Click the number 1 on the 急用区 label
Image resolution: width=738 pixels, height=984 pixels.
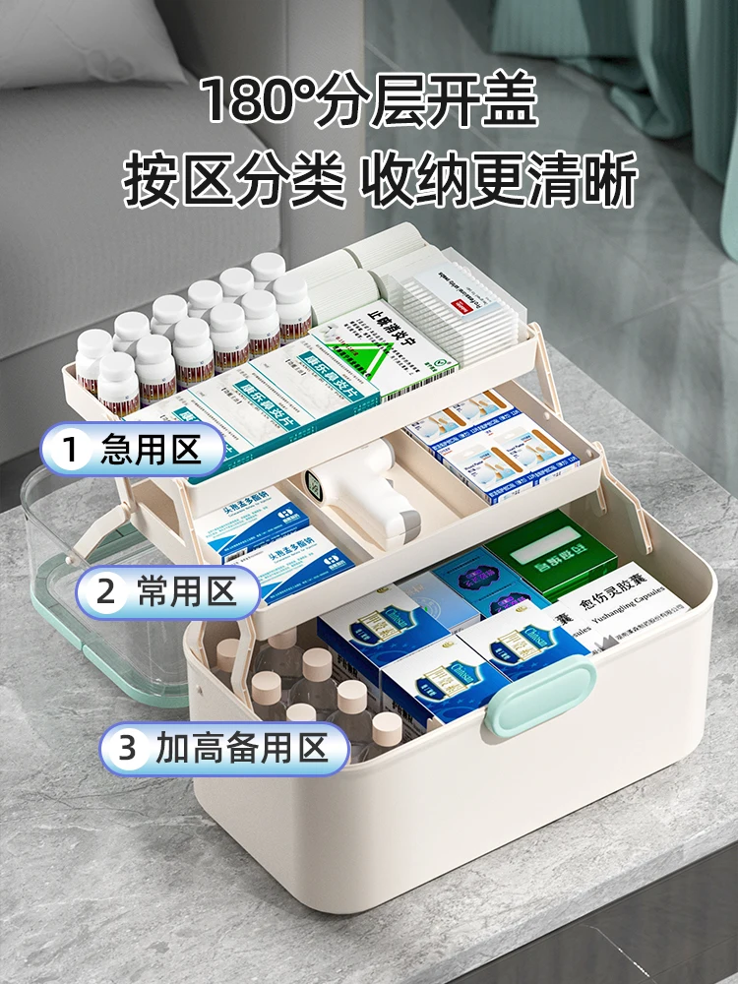[x=70, y=451]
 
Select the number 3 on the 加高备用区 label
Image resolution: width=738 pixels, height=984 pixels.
[x=127, y=749]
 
